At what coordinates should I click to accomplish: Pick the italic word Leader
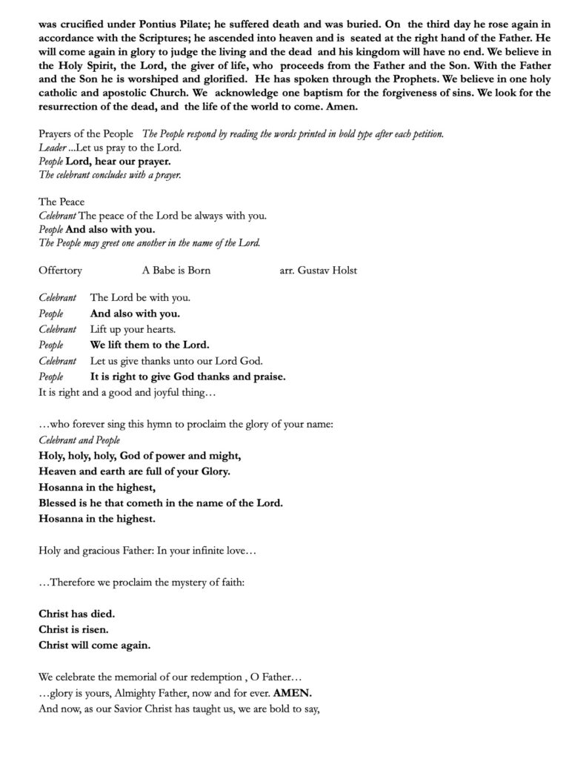(x=53, y=148)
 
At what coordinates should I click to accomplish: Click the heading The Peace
(x=61, y=202)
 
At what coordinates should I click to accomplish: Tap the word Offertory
(x=60, y=271)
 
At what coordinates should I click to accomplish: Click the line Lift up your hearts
(x=133, y=329)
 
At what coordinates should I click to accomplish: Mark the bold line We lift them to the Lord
(x=150, y=345)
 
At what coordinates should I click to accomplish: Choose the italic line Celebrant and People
(x=79, y=440)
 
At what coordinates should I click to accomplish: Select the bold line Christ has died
(x=76, y=614)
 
